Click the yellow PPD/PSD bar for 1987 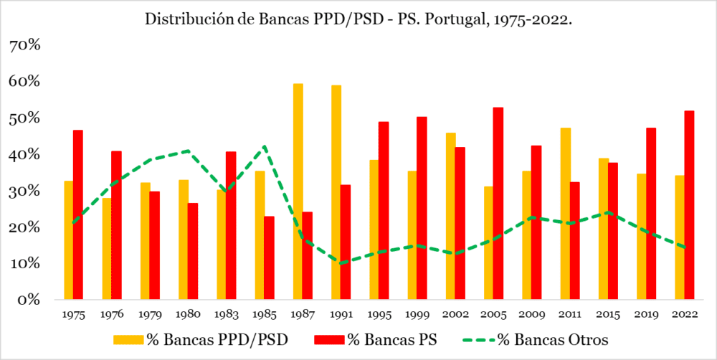[x=298, y=191]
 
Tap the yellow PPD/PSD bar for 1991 [x=336, y=192]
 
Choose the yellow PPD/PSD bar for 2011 [x=566, y=213]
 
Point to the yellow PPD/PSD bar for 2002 [x=450, y=216]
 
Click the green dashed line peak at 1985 [x=265, y=146]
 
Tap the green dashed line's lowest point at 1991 [x=341, y=263]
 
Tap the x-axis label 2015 [x=608, y=314]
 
